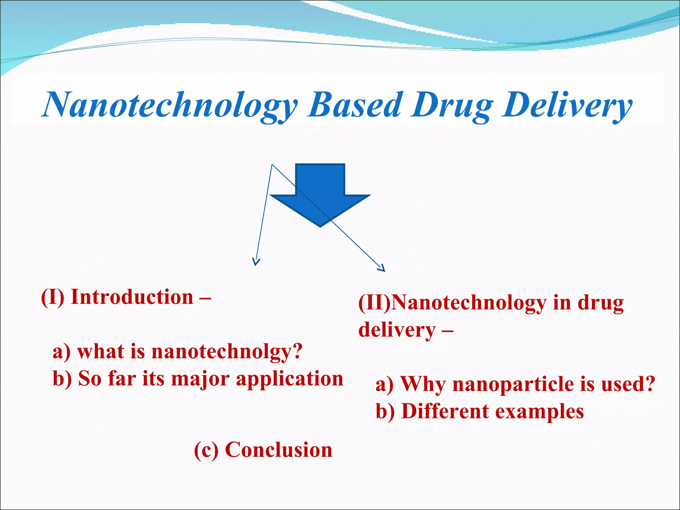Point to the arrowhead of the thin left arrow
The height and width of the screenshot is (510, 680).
pyautogui.click(x=255, y=263)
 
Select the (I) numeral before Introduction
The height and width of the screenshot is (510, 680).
pyautogui.click(x=52, y=297)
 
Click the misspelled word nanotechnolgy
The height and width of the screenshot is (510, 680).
pyautogui.click(x=227, y=352)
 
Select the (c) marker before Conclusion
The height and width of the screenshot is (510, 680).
pyautogui.click(x=206, y=451)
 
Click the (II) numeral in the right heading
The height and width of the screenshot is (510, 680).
pyautogui.click(x=375, y=303)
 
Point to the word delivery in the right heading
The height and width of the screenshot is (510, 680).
pyautogui.click(x=397, y=330)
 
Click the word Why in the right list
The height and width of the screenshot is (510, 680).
pyautogui.click(x=423, y=384)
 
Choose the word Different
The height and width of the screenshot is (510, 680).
pyautogui.click(x=445, y=412)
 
